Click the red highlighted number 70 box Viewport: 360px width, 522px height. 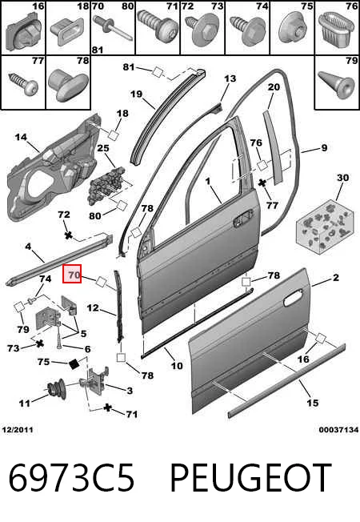pos(72,274)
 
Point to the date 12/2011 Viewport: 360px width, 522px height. pos(18,430)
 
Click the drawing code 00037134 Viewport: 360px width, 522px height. pos(338,430)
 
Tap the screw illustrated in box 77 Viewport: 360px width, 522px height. pos(23,82)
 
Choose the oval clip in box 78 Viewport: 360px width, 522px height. pos(69,85)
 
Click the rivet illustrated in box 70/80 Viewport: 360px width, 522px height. pos(113,27)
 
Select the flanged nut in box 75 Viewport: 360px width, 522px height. pos(292,30)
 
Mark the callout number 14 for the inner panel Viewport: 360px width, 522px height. pos(21,137)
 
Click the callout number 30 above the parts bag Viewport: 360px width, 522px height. pos(342,178)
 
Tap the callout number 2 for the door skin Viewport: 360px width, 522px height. pos(335,277)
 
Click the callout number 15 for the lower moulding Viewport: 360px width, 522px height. pos(313,403)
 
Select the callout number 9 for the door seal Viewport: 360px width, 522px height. pos(324,147)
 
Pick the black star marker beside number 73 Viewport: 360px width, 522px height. pos(39,343)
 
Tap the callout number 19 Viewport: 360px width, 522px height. pos(137,94)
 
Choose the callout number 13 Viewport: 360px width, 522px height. pos(230,78)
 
